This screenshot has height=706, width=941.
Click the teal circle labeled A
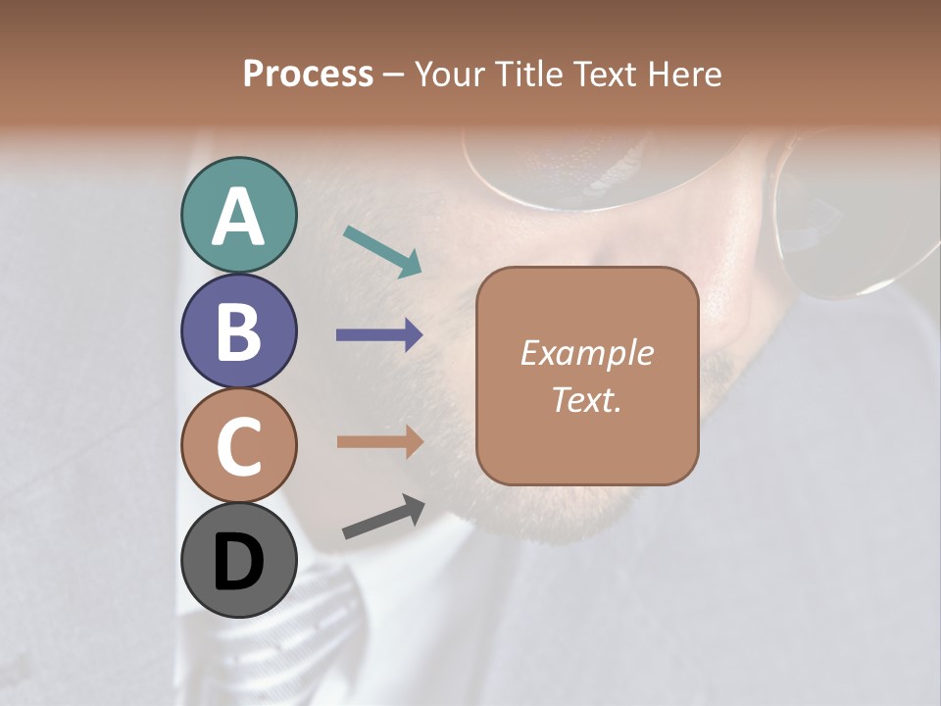coord(238,216)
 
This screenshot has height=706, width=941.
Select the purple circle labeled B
coord(238,330)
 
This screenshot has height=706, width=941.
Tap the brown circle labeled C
coord(238,445)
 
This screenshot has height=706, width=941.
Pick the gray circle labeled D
coord(238,560)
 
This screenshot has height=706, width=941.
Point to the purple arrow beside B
coord(379,335)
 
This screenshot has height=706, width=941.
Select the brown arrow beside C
coord(379,442)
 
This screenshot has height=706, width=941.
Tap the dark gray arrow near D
coord(383,517)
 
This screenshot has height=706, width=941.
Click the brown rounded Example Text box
coord(587,376)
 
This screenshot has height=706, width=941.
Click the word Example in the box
coord(586,353)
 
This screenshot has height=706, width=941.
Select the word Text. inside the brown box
coord(586,399)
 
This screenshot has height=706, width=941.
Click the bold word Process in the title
coord(308,74)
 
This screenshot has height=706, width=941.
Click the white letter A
coord(238,217)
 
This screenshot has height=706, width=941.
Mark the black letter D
coord(238,562)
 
